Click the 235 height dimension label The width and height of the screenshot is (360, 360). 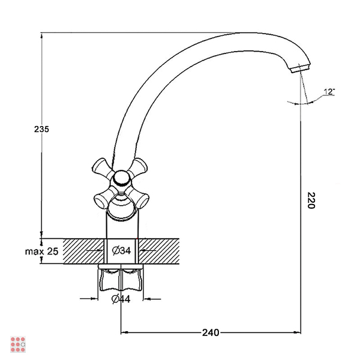(x=41, y=129)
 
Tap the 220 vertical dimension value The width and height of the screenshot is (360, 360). (x=311, y=200)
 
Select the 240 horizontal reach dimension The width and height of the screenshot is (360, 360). (x=211, y=332)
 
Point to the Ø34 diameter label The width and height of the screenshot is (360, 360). (x=121, y=250)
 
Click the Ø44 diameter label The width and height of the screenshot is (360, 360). (x=121, y=299)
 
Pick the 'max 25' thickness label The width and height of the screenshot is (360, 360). (x=41, y=251)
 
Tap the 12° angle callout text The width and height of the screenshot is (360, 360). (x=329, y=92)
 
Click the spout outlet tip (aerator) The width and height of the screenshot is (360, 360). (x=301, y=68)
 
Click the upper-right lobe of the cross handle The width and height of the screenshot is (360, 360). (x=138, y=167)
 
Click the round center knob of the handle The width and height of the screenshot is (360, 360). (x=121, y=178)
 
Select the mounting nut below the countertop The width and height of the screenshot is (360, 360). (x=121, y=278)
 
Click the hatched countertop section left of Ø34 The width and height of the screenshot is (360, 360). (x=83, y=251)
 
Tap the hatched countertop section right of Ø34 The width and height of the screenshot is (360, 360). (x=158, y=251)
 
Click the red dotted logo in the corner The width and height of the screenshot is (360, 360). (x=18, y=344)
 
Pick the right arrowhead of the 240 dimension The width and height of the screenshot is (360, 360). (x=298, y=332)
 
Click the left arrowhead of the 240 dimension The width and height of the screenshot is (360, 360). (x=124, y=332)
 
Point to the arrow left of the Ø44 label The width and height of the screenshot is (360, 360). (x=89, y=299)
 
